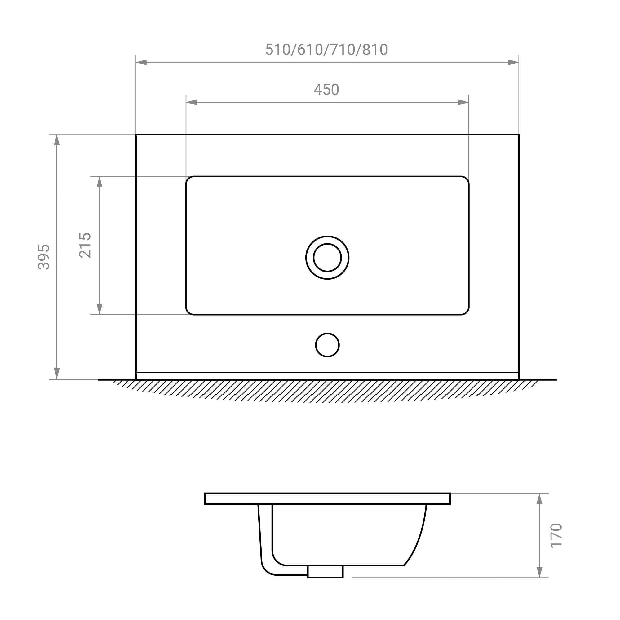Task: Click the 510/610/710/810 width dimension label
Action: pos(326,50)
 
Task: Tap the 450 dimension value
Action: pos(326,90)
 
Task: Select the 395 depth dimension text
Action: pos(44,257)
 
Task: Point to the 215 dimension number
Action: pos(85,245)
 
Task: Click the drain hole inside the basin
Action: pos(327,258)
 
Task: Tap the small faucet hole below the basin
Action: pos(327,345)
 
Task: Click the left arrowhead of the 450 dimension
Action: pos(191,102)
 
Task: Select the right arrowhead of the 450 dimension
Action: pos(463,102)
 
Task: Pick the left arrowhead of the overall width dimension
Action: pos(141,62)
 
